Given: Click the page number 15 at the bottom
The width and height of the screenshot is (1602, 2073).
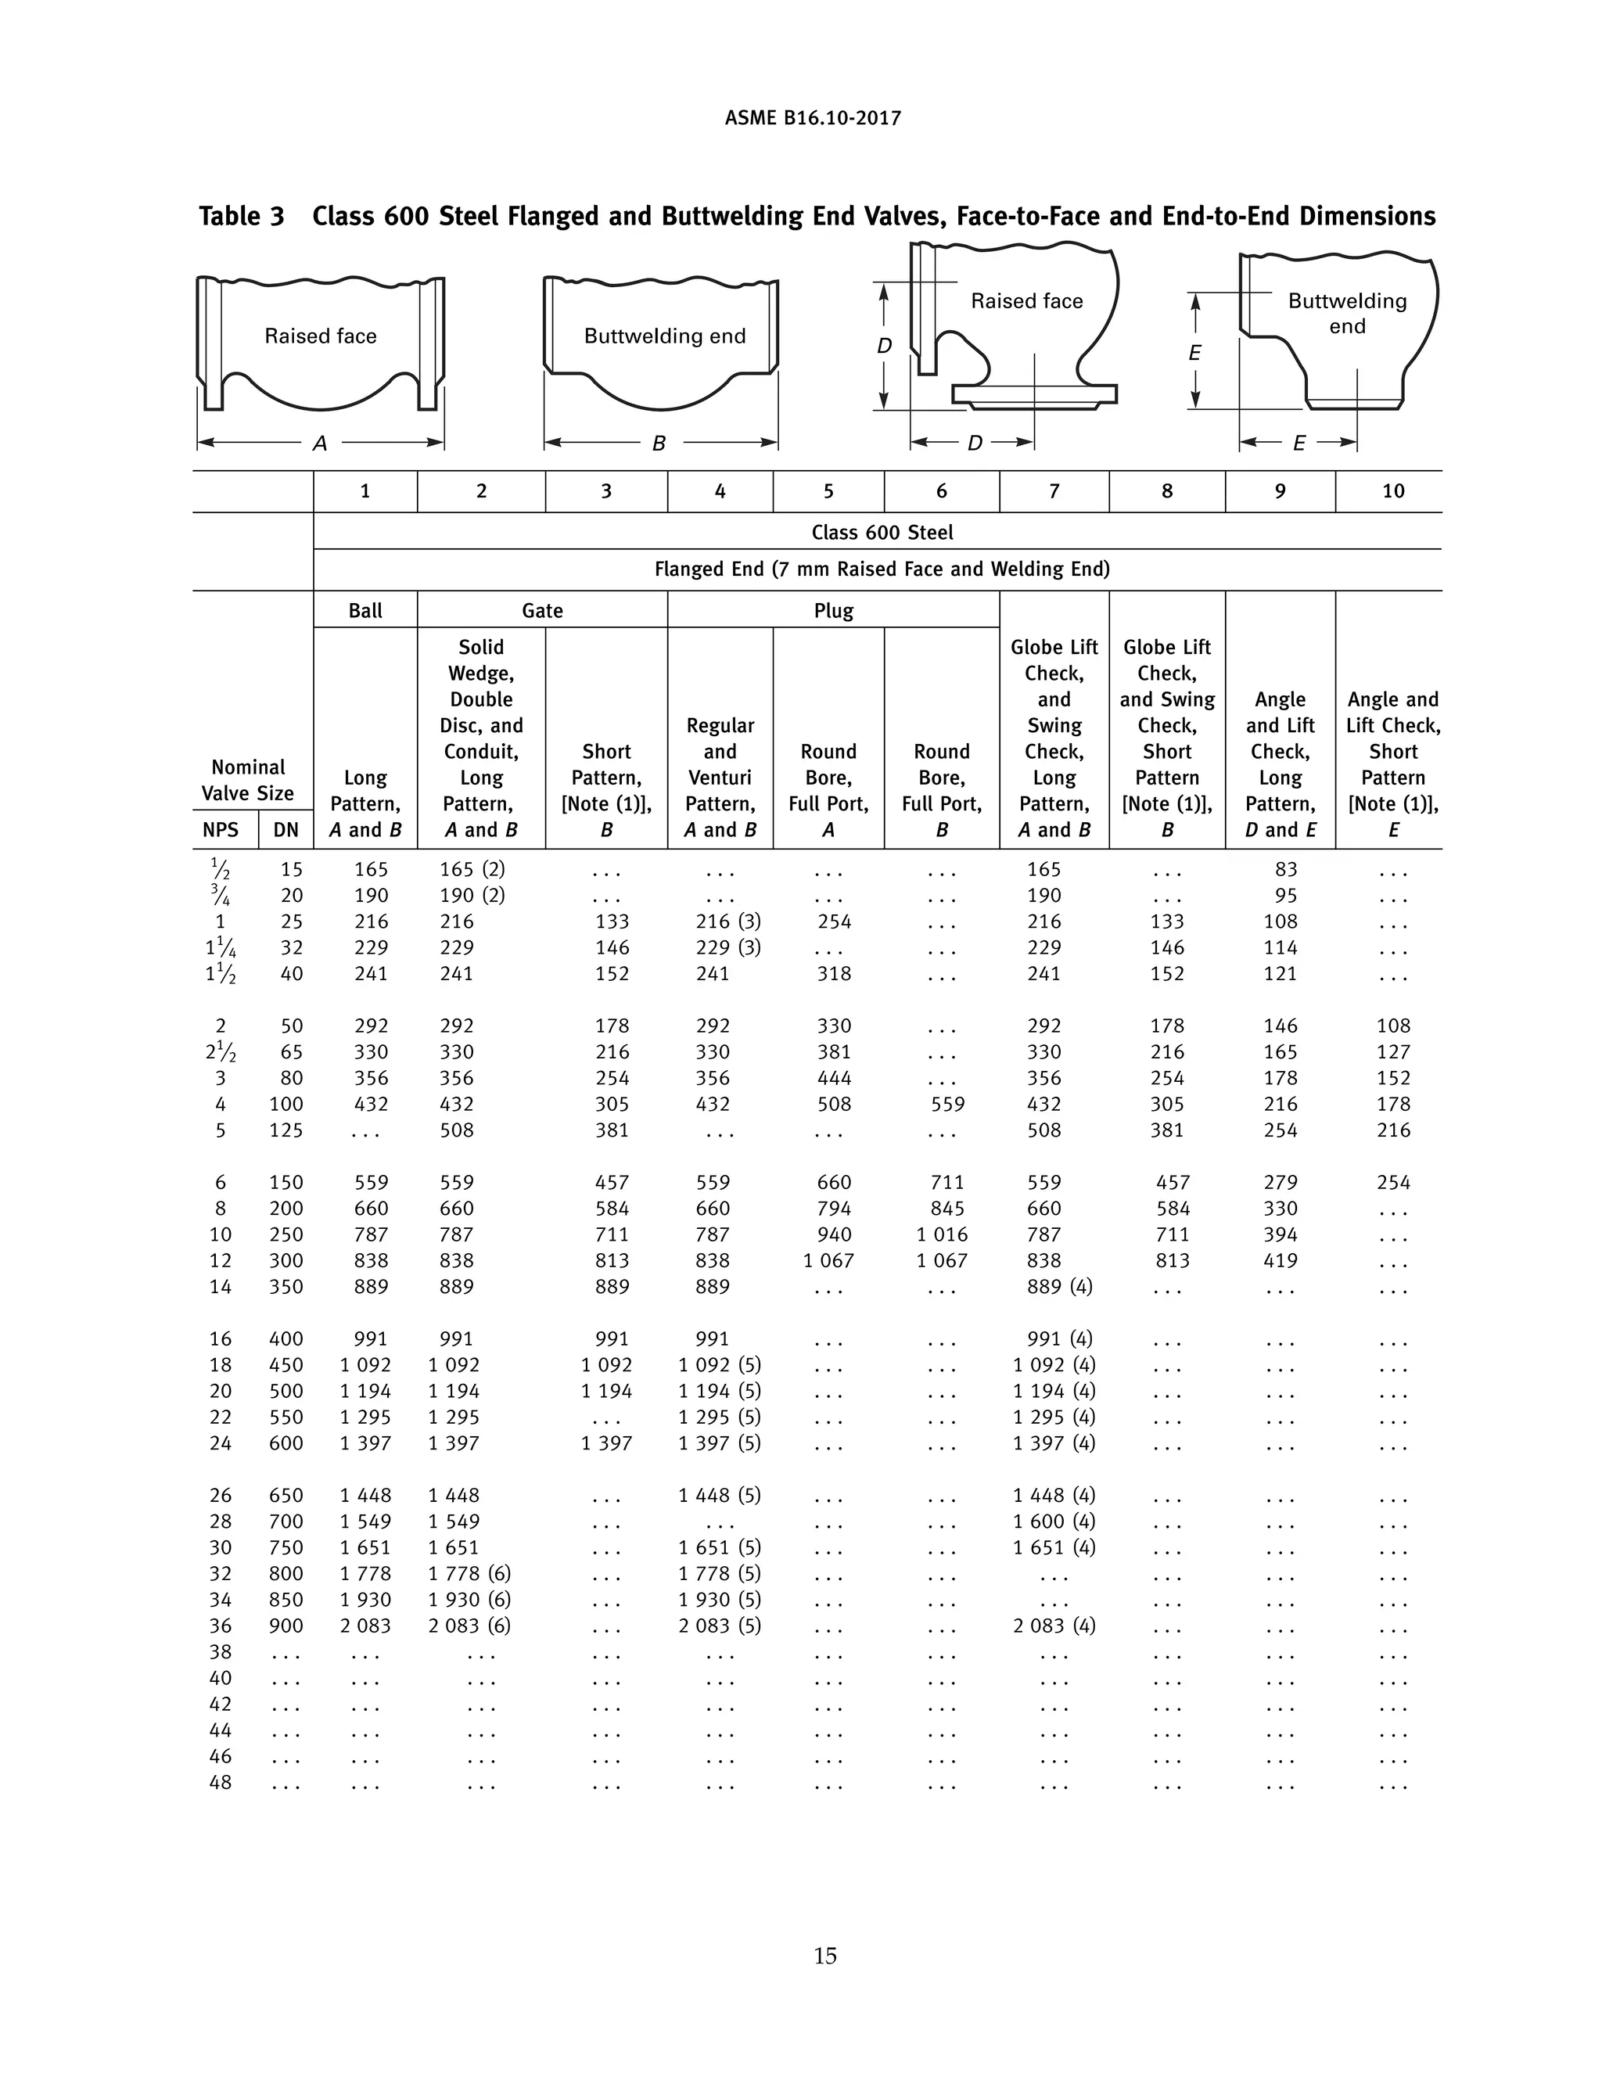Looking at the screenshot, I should [824, 1956].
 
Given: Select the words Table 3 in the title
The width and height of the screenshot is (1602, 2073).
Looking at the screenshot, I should [241, 217].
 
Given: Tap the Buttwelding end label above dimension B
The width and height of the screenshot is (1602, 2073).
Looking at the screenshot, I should [664, 336].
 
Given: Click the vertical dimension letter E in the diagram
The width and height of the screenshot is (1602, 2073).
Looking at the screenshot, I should [1195, 353].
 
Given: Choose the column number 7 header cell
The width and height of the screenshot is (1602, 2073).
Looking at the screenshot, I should [1054, 490].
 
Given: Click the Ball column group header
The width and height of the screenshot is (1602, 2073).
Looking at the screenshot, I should [365, 610].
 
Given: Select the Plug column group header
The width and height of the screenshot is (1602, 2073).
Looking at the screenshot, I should [833, 610].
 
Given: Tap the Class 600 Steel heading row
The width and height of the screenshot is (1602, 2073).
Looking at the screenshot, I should [882, 533].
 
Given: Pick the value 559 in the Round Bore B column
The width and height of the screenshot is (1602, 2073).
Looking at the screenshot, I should [947, 1104].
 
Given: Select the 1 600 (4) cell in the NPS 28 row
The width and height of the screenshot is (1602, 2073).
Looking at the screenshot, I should [1054, 1521].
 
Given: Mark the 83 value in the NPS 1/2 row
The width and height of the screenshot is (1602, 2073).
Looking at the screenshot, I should [1286, 868].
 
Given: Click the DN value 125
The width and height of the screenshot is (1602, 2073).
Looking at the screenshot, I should [286, 1130].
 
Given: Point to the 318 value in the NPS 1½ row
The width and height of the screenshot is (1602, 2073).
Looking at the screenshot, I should [834, 973].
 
